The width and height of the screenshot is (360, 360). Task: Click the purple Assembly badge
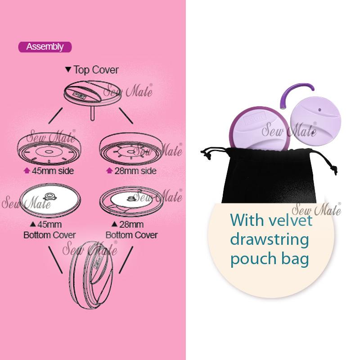(45, 47)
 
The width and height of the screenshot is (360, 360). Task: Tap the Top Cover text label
(96, 70)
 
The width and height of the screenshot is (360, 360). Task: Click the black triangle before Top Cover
(68, 69)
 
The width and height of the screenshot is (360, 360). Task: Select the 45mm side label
(53, 171)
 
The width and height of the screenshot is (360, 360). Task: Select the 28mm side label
(135, 171)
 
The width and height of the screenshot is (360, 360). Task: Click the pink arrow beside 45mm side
(27, 171)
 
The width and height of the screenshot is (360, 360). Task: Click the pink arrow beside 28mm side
(109, 171)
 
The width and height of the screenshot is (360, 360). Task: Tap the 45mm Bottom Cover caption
(49, 230)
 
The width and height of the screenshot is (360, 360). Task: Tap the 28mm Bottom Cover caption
(131, 230)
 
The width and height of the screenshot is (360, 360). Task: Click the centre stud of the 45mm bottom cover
(49, 197)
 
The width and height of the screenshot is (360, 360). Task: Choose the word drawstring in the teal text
(269, 239)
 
